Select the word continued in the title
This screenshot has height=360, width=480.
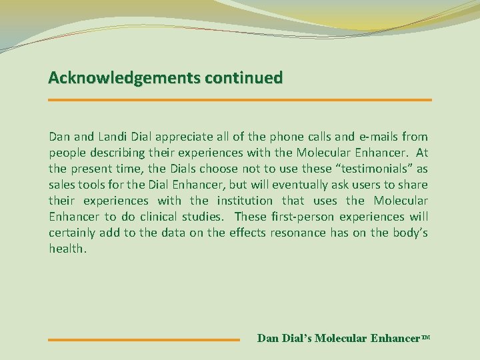(243, 78)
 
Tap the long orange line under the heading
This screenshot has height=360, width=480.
(240, 100)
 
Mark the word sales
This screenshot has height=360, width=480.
(61, 185)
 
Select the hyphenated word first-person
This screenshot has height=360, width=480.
(304, 217)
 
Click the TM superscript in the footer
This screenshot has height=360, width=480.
(427, 337)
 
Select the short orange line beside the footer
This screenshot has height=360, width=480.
(143, 340)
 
